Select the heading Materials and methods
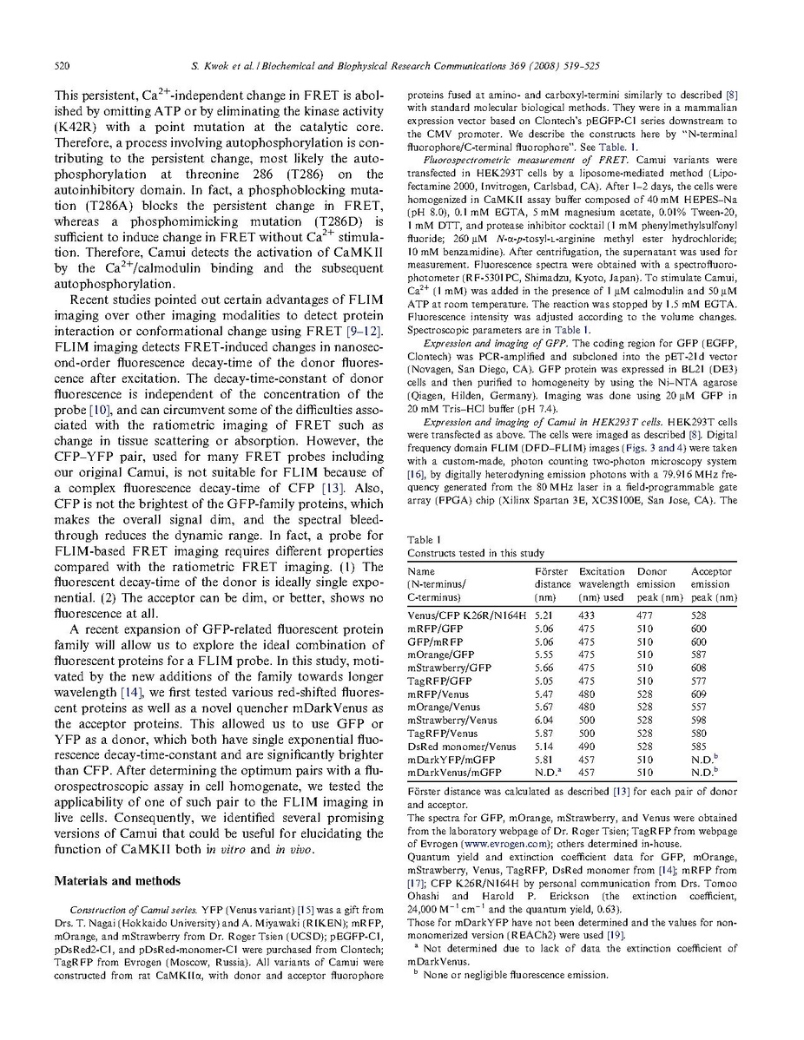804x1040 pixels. click(109, 879)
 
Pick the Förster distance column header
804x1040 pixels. click(552, 584)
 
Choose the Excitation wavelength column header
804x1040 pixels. click(602, 584)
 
